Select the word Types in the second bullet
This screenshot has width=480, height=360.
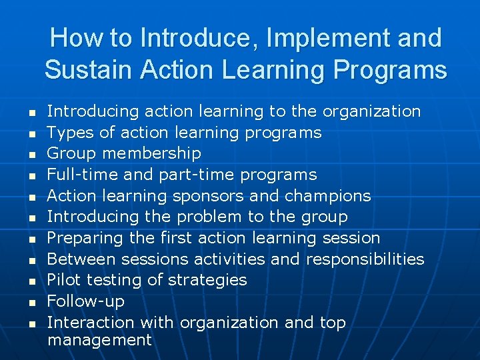tap(70, 133)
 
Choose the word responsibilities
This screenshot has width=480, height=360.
tap(365, 259)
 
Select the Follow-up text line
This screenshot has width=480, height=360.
tap(85, 301)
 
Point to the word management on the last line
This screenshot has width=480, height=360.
tap(99, 340)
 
